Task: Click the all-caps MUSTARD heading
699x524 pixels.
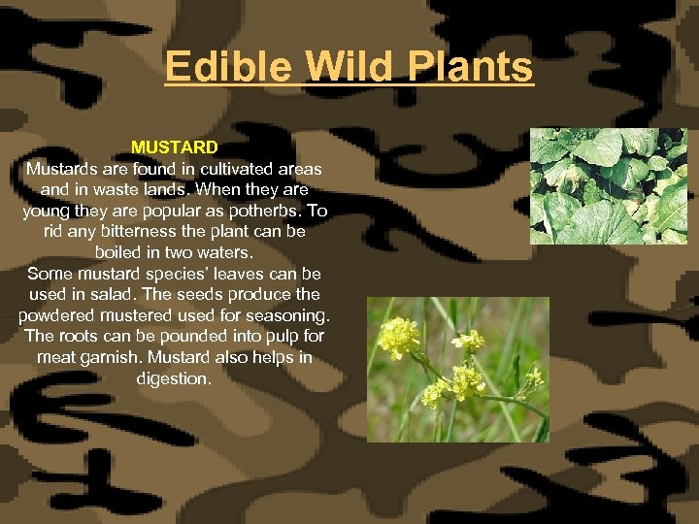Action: pyautogui.click(x=175, y=147)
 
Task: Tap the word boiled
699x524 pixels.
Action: pyautogui.click(x=118, y=252)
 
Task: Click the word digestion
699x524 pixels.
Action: pyautogui.click(x=175, y=378)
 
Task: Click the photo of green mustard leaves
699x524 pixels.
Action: pyautogui.click(x=608, y=185)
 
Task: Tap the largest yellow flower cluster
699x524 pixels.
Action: pyautogui.click(x=399, y=338)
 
